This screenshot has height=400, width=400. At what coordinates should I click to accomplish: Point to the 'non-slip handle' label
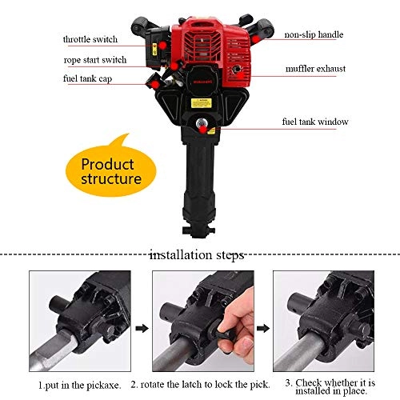(313, 35)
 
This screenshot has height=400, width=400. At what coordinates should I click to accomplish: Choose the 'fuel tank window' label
(313, 122)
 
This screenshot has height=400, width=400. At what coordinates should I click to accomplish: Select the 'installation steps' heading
(197, 255)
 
